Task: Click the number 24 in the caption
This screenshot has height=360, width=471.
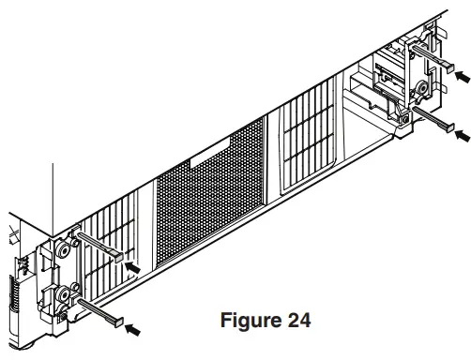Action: (296, 320)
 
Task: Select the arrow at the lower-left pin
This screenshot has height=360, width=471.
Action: (137, 329)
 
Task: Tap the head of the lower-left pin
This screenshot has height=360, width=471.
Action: (116, 321)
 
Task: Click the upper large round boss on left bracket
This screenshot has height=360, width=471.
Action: (62, 252)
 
